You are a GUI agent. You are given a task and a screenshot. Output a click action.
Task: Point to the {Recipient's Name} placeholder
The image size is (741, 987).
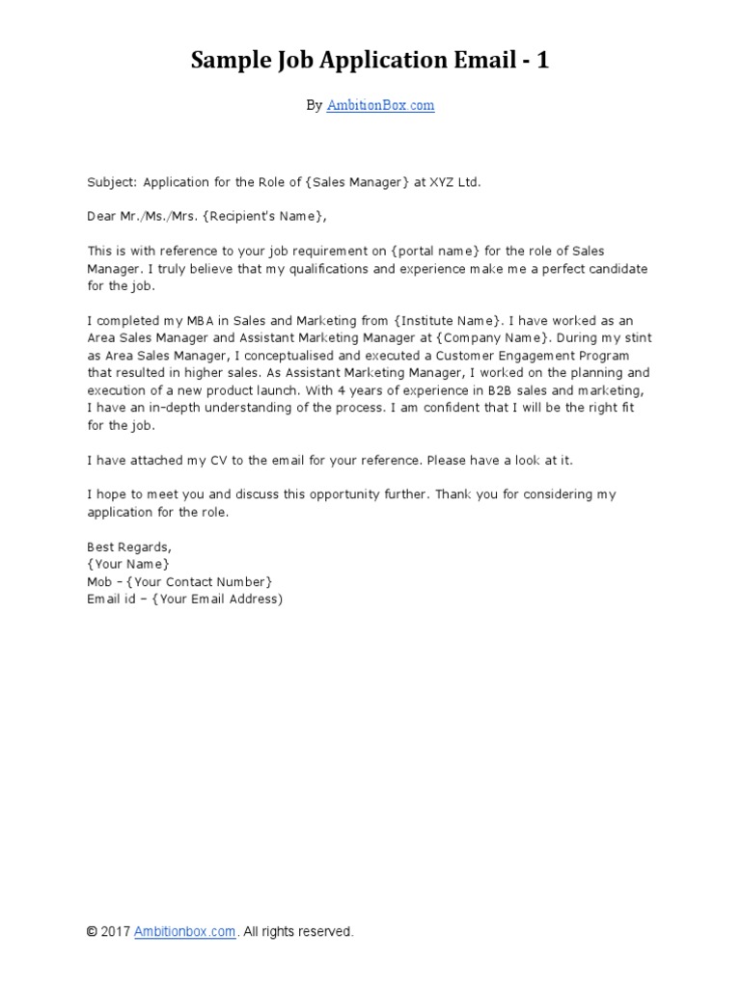coord(258,216)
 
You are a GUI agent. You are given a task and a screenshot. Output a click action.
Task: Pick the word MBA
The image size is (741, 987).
coord(211,320)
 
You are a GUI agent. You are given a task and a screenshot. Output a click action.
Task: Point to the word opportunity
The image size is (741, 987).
coord(338,494)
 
